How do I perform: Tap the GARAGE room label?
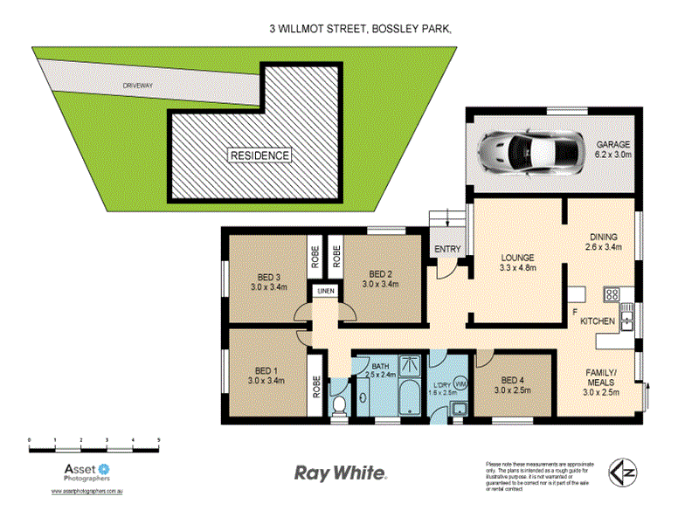(613, 144)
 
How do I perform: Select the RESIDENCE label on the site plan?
(259, 155)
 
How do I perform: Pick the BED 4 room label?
(515, 380)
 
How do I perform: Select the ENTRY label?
(447, 250)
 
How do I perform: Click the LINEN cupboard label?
(325, 290)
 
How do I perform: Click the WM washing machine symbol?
(460, 383)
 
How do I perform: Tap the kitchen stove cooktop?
(612, 295)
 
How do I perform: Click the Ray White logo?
(339, 472)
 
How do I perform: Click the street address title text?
(362, 29)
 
